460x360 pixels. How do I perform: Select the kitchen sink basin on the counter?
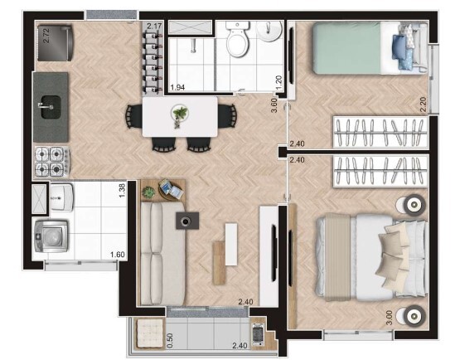tap(49, 106)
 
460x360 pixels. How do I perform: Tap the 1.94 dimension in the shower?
tap(177, 86)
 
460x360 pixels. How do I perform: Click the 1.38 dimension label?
tap(121, 191)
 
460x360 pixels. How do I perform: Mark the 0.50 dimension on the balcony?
tap(169, 340)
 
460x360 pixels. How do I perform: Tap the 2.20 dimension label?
tap(423, 105)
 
